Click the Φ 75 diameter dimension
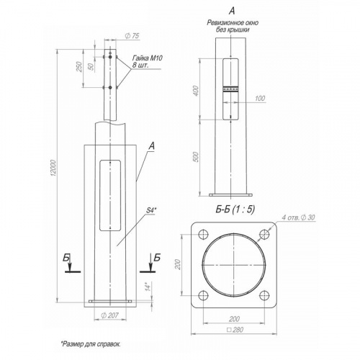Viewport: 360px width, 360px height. (x=132, y=36)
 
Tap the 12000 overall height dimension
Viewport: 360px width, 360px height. (x=53, y=168)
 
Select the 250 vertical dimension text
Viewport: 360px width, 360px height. (x=79, y=67)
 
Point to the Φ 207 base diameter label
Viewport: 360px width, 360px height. (x=109, y=315)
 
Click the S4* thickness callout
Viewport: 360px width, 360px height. (x=151, y=210)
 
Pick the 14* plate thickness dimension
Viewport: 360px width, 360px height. (x=149, y=287)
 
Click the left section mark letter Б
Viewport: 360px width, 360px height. (x=66, y=258)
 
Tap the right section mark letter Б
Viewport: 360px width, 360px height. (x=156, y=258)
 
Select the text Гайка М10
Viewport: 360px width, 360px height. (x=148, y=58)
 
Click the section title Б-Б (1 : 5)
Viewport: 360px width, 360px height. (x=235, y=210)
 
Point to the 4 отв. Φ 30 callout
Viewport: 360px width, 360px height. (x=298, y=217)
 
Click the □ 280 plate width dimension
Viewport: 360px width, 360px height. (x=235, y=330)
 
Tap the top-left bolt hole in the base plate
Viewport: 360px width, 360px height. (x=203, y=234)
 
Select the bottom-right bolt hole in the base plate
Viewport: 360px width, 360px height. (x=264, y=295)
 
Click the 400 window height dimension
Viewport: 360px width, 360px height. (x=196, y=91)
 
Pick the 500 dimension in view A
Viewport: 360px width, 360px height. (x=196, y=157)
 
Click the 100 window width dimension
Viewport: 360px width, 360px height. (x=259, y=98)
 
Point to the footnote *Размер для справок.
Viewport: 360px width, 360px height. (x=91, y=344)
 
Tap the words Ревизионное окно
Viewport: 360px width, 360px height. (x=233, y=23)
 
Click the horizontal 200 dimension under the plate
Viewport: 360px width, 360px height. (x=234, y=319)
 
